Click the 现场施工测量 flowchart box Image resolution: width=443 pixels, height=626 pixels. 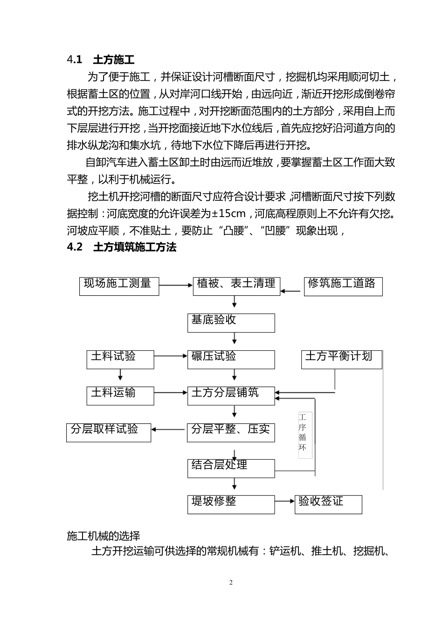pos(119,286)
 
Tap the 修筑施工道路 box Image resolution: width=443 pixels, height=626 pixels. pos(343,286)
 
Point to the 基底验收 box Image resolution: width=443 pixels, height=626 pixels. pos(231,322)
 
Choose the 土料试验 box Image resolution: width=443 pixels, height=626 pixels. pos(120,359)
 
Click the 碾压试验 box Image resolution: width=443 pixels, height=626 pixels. pos(231,359)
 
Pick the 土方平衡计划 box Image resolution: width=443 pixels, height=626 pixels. pos(341,359)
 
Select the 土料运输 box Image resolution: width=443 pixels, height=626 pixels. pos(120,395)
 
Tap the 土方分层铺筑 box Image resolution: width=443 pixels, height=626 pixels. pos(231,395)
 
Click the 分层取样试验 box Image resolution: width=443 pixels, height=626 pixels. pos(109,432)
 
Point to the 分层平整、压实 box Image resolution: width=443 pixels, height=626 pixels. pos(231,432)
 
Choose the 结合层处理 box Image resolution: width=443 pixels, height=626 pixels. pos(231,468)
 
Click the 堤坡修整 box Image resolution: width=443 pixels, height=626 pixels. pos(231,504)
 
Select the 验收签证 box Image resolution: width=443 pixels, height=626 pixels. pos(328,504)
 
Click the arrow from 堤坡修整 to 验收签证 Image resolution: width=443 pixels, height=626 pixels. pos(285,501)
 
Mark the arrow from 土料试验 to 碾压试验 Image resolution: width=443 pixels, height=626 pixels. pos(171,356)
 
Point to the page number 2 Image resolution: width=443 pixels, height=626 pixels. pos(231,583)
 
